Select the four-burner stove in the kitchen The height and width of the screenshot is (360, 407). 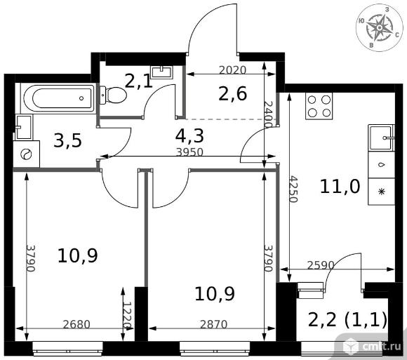pos(319,106)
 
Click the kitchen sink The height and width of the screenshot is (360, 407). pos(381,138)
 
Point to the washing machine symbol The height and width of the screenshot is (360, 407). pos(26,154)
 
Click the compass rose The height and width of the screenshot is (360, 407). pos(379,28)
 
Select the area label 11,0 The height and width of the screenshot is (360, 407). pos(340,187)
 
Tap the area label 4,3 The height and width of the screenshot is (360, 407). pos(189,136)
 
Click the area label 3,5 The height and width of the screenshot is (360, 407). pos(67,141)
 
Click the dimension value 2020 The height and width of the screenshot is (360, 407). pos(232,70)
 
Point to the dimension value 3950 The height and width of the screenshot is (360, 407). pos(189,152)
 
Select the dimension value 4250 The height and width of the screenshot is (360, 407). pos(293,189)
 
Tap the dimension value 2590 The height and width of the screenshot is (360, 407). pos(320,265)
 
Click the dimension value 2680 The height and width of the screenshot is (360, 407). pos(76,324)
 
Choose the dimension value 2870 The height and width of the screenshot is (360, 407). pos(213,324)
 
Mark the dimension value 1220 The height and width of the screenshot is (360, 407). pos(128,315)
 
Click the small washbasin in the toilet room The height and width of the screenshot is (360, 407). pos(162,72)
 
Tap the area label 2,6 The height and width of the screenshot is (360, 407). pos(232,94)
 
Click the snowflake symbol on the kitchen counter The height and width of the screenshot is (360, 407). pos(381,192)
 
